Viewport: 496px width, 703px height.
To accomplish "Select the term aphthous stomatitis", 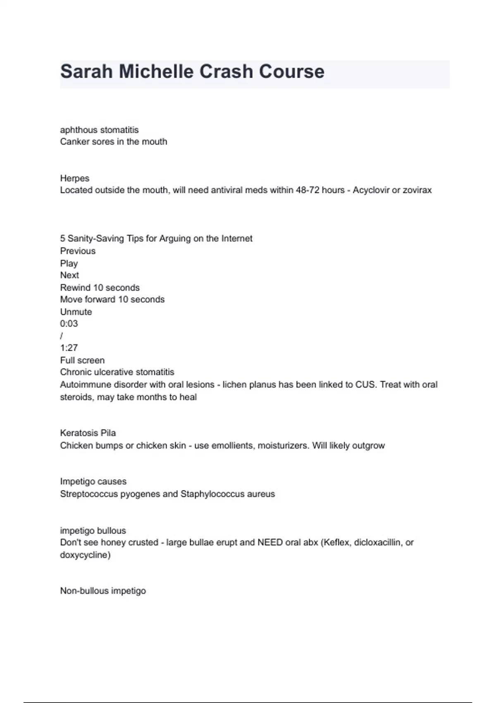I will click(99, 130).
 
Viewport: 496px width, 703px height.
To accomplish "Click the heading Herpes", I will click(75, 178).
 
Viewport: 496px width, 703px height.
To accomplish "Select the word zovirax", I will click(415, 190).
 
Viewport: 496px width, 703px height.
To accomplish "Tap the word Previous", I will click(78, 251).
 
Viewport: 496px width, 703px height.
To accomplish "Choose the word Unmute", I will click(76, 312).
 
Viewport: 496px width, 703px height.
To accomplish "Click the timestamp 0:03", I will click(69, 324).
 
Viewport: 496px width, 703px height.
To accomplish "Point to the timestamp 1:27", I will click(69, 348).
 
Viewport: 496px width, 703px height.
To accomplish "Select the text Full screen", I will click(82, 360).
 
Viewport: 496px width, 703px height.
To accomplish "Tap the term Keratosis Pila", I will click(88, 433).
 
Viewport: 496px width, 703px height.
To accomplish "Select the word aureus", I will click(261, 494).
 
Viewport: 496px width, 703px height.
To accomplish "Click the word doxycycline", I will click(85, 555).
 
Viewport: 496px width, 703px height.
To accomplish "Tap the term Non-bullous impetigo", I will click(103, 591).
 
